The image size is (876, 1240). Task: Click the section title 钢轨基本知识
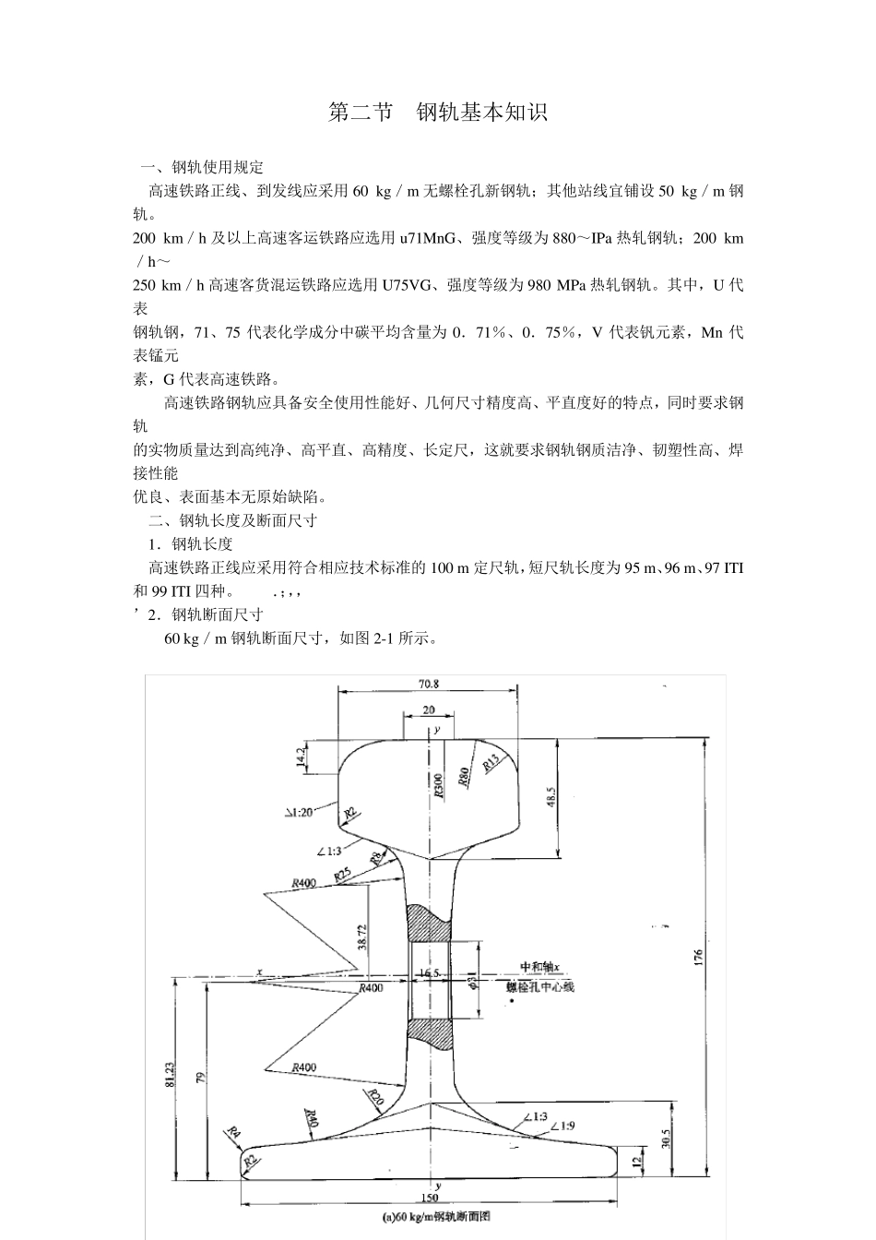coord(482,113)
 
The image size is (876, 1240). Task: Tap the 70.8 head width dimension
coord(428,684)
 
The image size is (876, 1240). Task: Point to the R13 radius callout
coord(491,762)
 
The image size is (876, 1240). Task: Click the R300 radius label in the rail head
coord(438,783)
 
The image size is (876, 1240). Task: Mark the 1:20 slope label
coord(299,812)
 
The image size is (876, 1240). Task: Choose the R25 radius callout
coord(343,875)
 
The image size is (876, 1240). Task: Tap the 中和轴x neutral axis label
coord(539,967)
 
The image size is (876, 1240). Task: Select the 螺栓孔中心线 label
coord(540,986)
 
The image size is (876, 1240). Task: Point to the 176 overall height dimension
coord(699,957)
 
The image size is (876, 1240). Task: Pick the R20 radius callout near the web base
coord(374,1097)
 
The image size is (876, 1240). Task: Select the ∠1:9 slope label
coord(563,1126)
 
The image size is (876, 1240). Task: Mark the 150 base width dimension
coord(429,1198)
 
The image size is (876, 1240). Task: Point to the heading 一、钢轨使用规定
coord(202,167)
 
